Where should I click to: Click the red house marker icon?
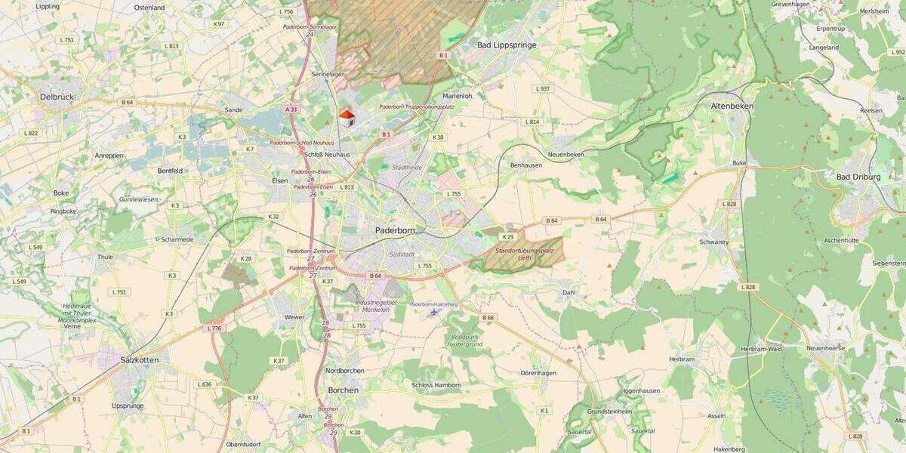pyautogui.click(x=347, y=117)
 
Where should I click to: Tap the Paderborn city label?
pyautogui.click(x=396, y=230)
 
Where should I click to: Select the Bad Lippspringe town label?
pyautogui.click(x=507, y=45)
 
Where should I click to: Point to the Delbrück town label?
pyautogui.click(x=57, y=97)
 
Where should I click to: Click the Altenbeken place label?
pyautogui.click(x=732, y=106)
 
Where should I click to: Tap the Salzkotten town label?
pyautogui.click(x=140, y=360)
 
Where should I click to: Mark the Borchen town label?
pyautogui.click(x=343, y=390)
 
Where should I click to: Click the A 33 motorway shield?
pyautogui.click(x=291, y=109)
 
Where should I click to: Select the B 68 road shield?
pyautogui.click(x=488, y=318)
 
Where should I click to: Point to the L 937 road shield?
pyautogui.click(x=542, y=88)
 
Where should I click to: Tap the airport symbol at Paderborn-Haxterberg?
pyautogui.click(x=433, y=311)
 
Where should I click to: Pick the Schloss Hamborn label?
pyautogui.click(x=436, y=385)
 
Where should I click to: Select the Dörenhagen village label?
pyautogui.click(x=538, y=373)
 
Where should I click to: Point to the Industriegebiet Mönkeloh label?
pyautogui.click(x=377, y=306)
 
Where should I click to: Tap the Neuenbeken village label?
pyautogui.click(x=565, y=154)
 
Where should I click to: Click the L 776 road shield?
pyautogui.click(x=214, y=328)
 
